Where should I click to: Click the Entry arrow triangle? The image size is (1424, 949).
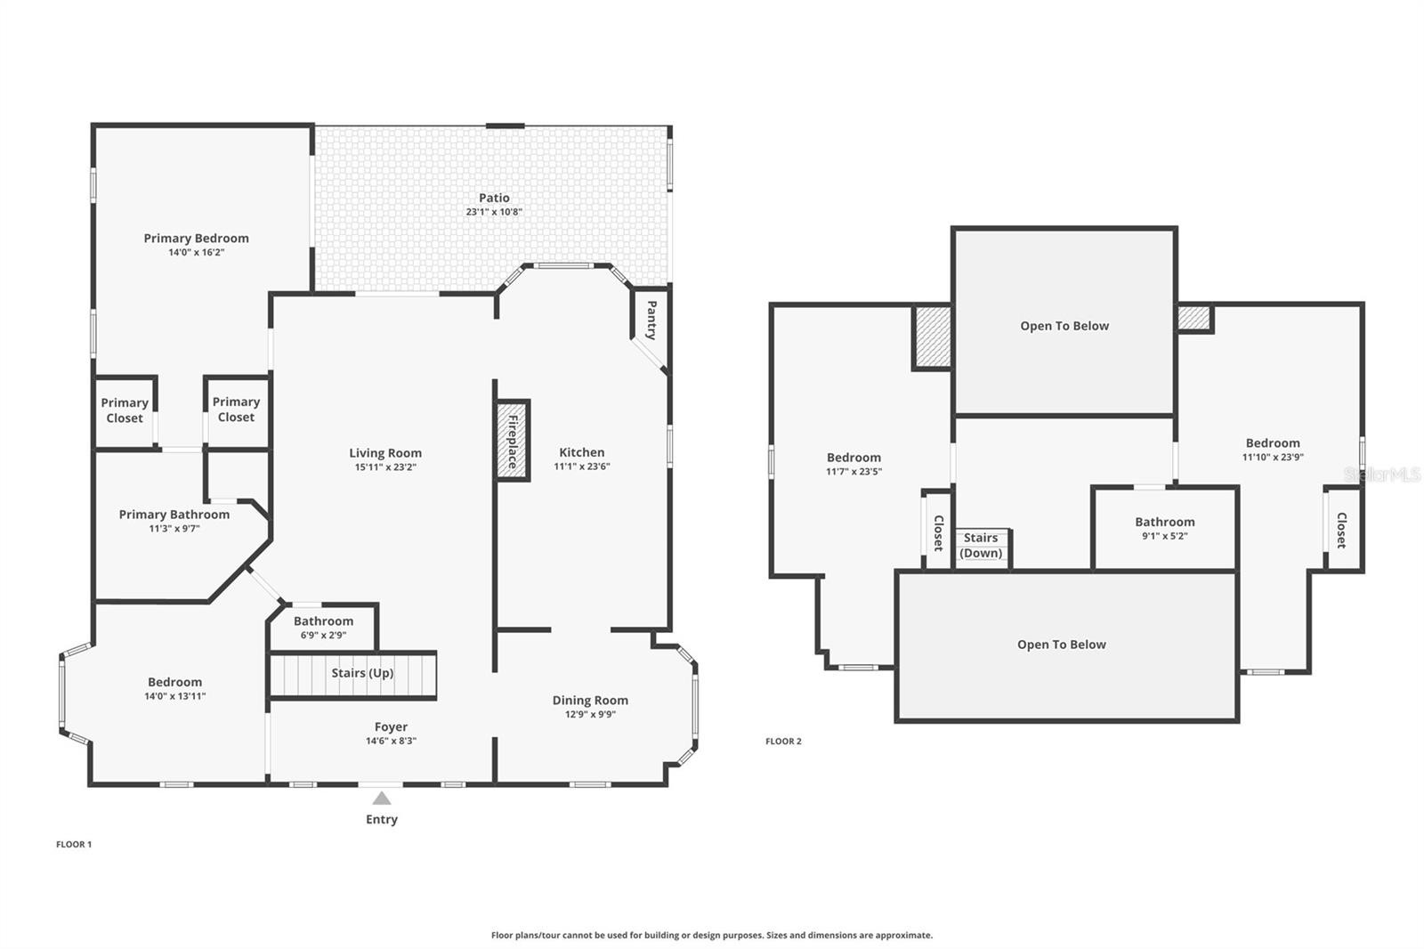(382, 799)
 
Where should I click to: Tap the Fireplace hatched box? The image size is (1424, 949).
(513, 441)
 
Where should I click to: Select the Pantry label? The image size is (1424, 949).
(651, 320)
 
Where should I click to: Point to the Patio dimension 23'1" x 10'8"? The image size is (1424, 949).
(494, 212)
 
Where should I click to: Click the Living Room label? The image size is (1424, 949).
(385, 453)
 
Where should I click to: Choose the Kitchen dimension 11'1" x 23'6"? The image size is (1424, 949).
(582, 466)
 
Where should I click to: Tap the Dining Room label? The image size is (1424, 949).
(590, 701)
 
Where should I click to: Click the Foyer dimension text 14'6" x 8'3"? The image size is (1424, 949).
(391, 741)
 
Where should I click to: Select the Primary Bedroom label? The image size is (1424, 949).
(196, 239)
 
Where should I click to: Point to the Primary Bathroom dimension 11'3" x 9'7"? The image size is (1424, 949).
(174, 529)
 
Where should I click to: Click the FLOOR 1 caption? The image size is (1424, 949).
(74, 844)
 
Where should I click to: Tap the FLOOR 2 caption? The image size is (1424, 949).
(783, 741)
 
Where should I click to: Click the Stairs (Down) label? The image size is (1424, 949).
(980, 546)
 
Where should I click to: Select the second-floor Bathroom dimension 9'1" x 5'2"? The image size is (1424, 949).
(1165, 536)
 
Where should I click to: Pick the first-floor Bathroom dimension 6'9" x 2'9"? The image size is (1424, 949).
(324, 636)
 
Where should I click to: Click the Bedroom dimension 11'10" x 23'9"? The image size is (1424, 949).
(1273, 458)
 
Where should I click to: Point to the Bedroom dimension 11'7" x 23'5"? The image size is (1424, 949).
(854, 472)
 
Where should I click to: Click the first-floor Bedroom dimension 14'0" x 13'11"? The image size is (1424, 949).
(174, 696)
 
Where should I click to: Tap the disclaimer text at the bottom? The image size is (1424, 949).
(712, 935)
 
